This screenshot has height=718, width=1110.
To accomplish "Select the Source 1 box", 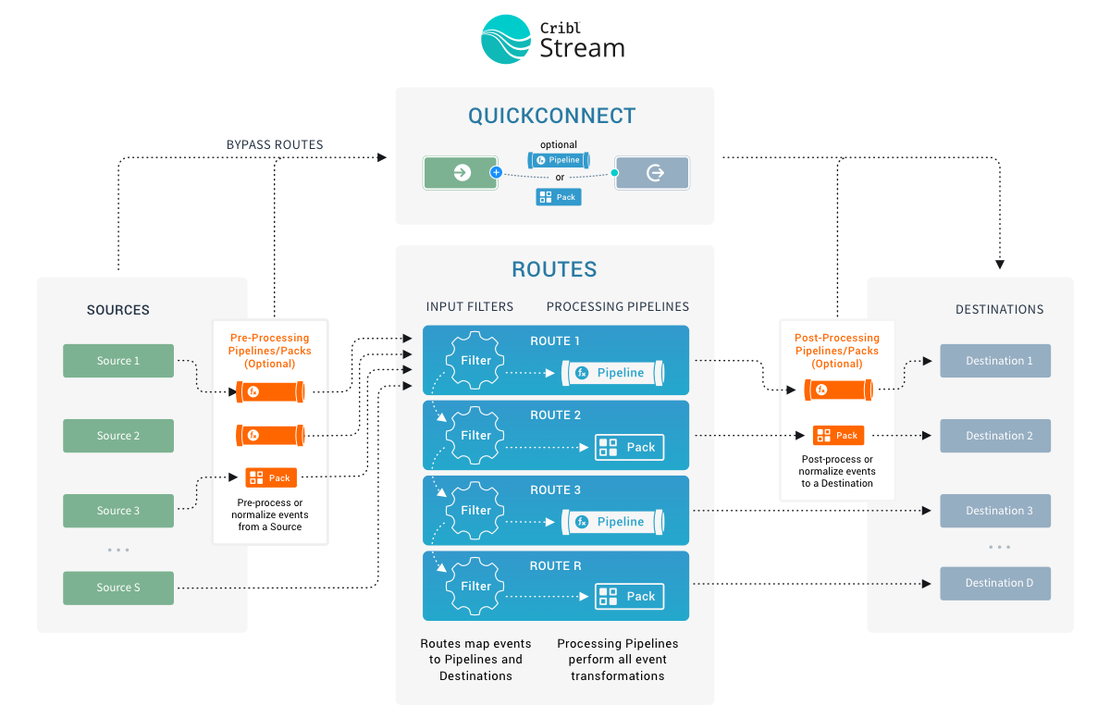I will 118,361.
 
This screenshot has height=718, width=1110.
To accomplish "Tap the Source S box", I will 118,588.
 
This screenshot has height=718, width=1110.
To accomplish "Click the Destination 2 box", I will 995,436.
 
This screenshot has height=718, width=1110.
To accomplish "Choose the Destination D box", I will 995,583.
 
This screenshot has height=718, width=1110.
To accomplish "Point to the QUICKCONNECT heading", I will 552,116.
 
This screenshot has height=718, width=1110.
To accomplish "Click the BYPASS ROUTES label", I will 275,144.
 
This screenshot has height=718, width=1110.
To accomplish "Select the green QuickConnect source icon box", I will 461,173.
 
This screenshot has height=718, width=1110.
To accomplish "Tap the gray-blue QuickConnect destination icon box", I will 653,173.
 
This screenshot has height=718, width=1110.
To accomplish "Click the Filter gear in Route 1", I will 475,361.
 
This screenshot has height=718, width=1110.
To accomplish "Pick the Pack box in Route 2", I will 629,447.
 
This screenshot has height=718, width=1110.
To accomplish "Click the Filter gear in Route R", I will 475,586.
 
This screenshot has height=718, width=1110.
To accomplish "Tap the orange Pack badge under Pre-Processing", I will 271,478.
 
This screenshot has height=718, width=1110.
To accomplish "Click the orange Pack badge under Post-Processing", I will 838,436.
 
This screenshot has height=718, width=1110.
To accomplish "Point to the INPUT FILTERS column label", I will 470,307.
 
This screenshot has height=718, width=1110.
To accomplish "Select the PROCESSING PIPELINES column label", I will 618,307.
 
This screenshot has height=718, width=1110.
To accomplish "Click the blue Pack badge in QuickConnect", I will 559,197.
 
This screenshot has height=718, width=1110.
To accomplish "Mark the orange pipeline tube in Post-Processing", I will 838,390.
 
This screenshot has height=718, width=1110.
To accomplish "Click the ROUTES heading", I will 554,269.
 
